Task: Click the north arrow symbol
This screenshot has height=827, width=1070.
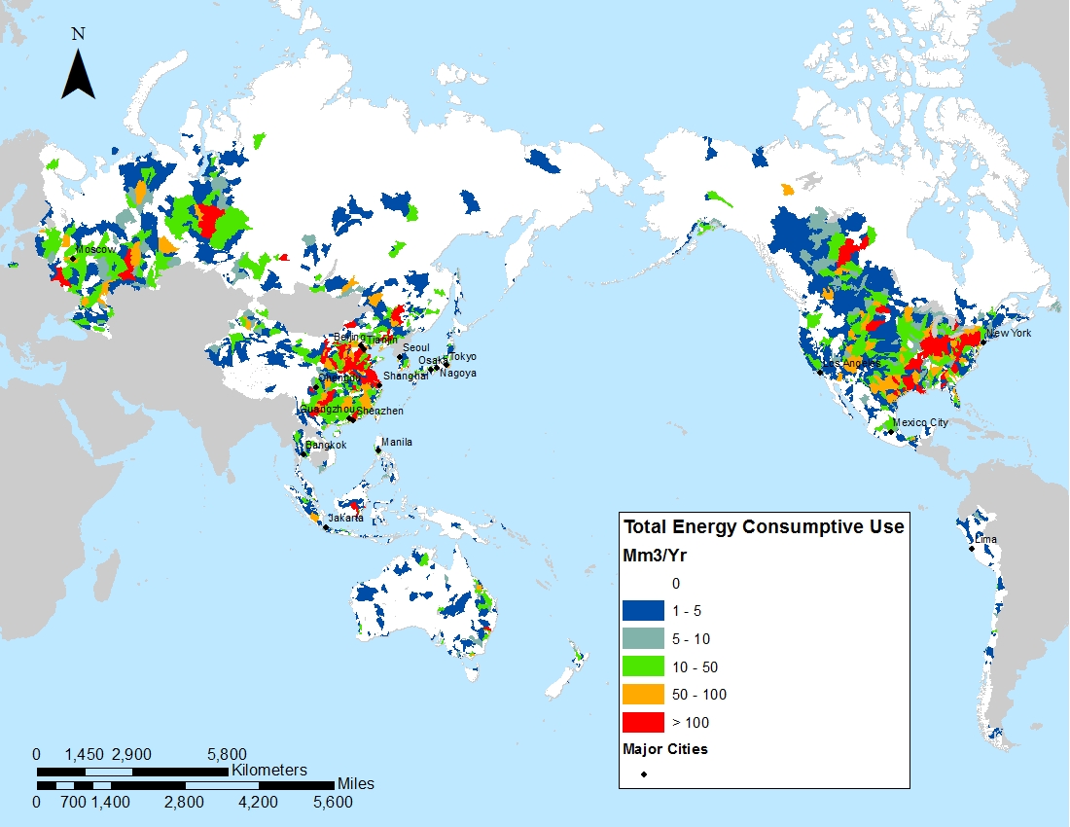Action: pos(78,74)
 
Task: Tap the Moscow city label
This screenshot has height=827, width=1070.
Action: pos(96,249)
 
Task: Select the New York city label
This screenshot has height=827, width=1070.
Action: pos(1010,334)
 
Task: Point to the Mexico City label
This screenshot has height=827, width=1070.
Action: pos(920,422)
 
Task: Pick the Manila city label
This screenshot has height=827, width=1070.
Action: pos(397,442)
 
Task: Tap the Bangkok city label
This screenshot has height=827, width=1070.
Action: pos(326,445)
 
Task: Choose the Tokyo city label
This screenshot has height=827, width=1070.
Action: pos(463,357)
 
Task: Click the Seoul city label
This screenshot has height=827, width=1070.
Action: pos(415,347)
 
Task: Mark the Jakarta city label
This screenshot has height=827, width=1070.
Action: pos(345,518)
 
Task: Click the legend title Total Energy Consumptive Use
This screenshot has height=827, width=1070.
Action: pos(764,527)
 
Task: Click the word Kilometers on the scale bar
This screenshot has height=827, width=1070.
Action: pos(268,770)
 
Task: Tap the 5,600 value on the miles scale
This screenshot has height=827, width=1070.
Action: pos(333,803)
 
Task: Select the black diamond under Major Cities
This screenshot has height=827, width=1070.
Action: pos(643,775)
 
